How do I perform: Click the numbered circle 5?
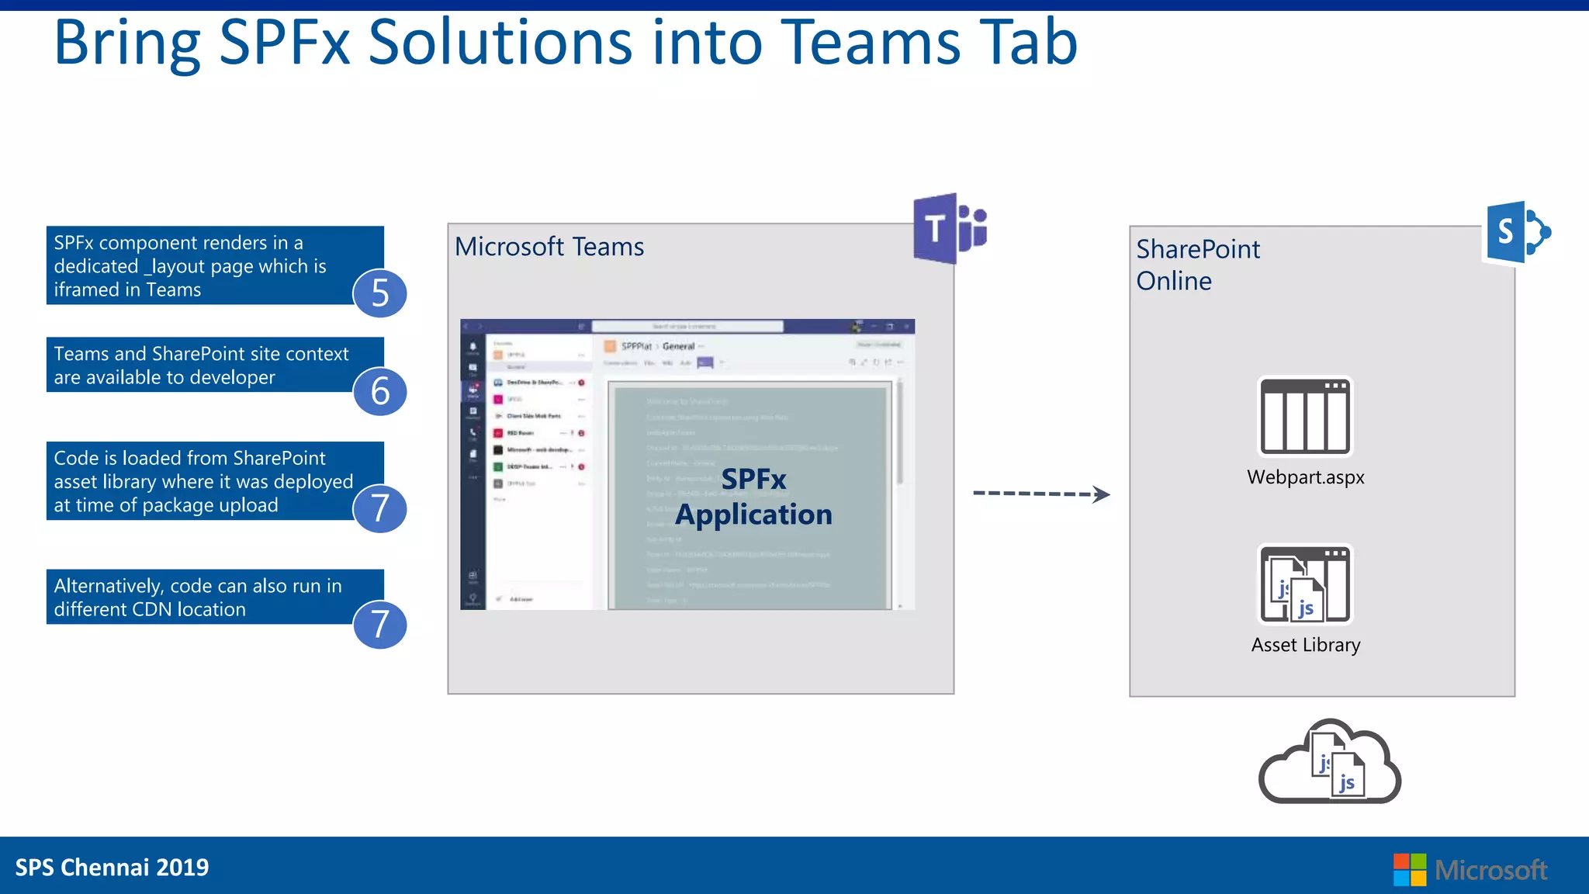pos(379,293)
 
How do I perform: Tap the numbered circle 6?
pos(379,390)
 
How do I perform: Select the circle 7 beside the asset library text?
pos(379,508)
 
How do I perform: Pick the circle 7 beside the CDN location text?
pos(379,624)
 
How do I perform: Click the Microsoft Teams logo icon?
pos(949,229)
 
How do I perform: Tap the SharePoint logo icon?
pos(1517,232)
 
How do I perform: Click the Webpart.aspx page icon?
pos(1305,417)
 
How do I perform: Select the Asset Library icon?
pos(1305,584)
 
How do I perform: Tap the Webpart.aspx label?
pos(1305,477)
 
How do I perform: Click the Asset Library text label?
pos(1305,645)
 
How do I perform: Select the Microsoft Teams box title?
pos(549,247)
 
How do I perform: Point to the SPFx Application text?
pos(753,497)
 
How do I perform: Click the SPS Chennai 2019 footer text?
pos(112,867)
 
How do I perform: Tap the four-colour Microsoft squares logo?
pos(1409,869)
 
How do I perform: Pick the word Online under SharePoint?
pos(1174,281)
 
